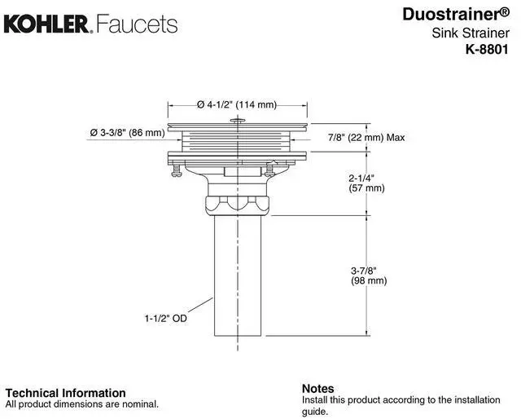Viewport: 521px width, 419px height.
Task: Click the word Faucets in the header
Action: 137,24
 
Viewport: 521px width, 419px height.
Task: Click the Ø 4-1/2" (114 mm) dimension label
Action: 236,104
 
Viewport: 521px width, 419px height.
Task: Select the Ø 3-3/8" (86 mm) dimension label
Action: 127,133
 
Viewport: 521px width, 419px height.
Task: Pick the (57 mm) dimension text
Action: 366,188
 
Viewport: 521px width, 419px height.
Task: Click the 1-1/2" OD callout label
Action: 166,319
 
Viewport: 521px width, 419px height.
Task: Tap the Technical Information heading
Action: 66,393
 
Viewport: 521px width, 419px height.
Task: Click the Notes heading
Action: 317,388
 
